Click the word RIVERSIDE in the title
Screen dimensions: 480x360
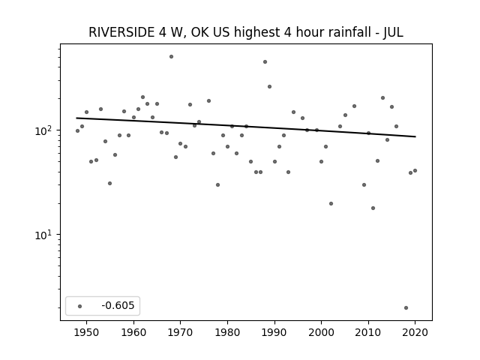(x=121, y=32)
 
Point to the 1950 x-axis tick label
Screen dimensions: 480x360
(x=87, y=332)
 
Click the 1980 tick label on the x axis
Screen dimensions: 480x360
(x=227, y=332)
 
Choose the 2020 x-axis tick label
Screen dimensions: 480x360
(x=415, y=332)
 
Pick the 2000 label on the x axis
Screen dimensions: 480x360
(x=321, y=332)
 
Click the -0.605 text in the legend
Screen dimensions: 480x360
(x=118, y=305)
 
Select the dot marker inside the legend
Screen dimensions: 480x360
(x=80, y=306)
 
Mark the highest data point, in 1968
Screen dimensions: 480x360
(x=172, y=57)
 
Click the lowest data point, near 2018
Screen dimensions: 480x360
(x=406, y=308)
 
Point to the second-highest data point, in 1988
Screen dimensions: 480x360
(x=265, y=61)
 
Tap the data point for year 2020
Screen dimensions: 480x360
(x=415, y=170)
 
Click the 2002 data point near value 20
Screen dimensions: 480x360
(x=331, y=203)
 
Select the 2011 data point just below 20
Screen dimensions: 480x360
(x=373, y=208)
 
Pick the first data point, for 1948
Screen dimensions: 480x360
(x=77, y=131)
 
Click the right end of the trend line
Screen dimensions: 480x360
(x=415, y=136)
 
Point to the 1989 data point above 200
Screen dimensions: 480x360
(x=270, y=87)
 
